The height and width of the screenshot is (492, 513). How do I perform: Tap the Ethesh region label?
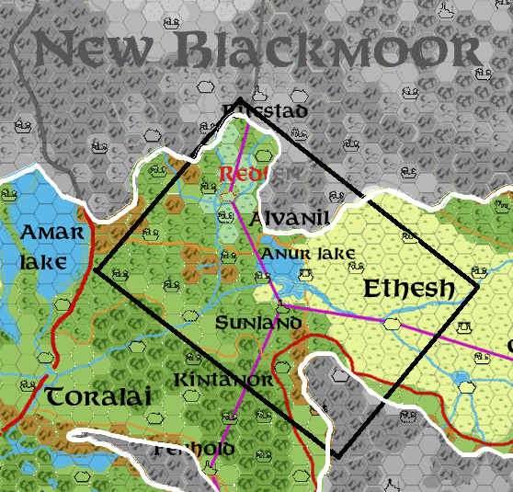408,289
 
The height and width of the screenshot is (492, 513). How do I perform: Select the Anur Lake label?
295,254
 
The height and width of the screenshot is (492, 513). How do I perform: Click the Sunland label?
257,324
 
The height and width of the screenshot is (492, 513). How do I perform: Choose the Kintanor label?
222,380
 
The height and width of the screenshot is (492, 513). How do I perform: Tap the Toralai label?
97,397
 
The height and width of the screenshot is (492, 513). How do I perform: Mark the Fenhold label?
195,450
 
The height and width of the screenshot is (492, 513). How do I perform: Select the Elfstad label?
264,111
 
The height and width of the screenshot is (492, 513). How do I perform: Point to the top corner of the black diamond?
239,98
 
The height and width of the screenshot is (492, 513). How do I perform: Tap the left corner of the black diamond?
96,269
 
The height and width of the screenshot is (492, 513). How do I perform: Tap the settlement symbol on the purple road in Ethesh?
393,324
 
